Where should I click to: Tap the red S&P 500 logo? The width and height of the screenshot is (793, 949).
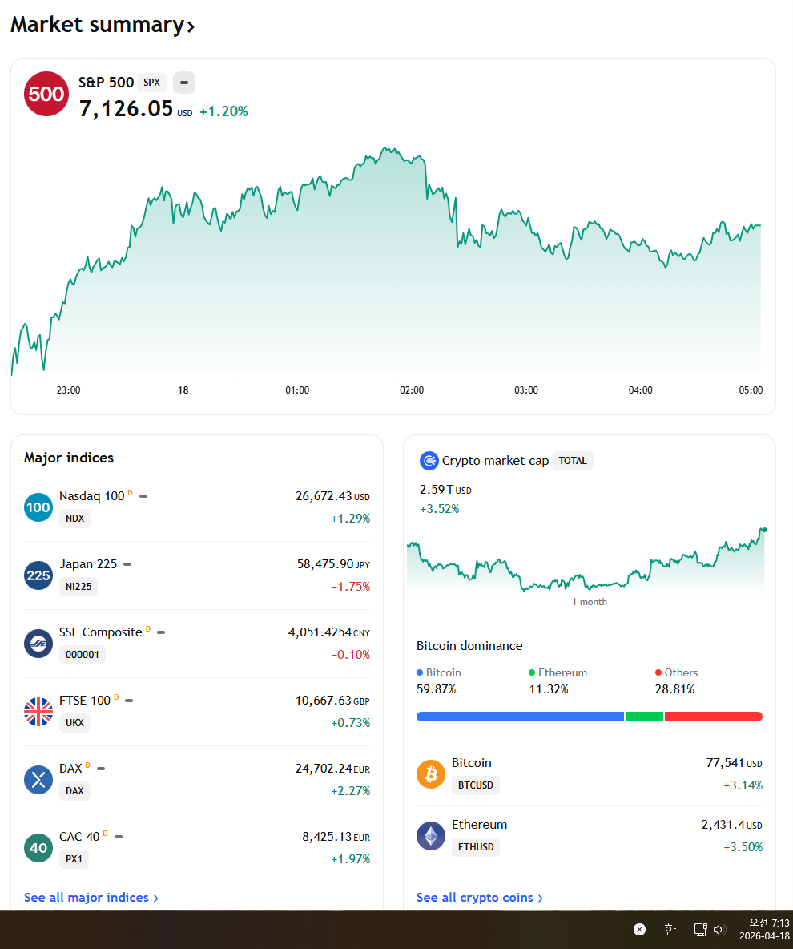[46, 94]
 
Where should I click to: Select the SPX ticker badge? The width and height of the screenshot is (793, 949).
[152, 83]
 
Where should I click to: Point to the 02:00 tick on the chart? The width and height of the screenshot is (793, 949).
[412, 390]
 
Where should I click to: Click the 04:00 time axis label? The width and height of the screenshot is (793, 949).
[640, 390]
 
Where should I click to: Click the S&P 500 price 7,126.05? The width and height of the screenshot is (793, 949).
[127, 108]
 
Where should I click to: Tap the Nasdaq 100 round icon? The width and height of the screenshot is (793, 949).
[38, 507]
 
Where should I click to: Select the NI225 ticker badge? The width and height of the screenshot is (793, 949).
[78, 587]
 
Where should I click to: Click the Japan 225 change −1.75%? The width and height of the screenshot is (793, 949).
[350, 587]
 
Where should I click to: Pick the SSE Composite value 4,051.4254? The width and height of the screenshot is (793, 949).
[320, 632]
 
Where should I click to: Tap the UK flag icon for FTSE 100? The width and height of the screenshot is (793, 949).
[38, 712]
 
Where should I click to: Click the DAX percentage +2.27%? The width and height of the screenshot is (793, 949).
[350, 791]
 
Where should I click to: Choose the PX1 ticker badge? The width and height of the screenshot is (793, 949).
[74, 858]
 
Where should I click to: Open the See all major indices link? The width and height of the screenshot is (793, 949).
[91, 898]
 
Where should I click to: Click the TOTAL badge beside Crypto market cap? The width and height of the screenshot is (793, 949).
[572, 461]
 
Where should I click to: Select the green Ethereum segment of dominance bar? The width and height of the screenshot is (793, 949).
[644, 717]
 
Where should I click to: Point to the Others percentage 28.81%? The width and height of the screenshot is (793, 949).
[674, 689]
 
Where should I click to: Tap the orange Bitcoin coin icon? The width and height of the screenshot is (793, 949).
[431, 774]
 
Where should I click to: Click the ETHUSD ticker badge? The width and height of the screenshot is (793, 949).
[476, 846]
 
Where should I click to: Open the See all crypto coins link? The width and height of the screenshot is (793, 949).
[480, 898]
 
